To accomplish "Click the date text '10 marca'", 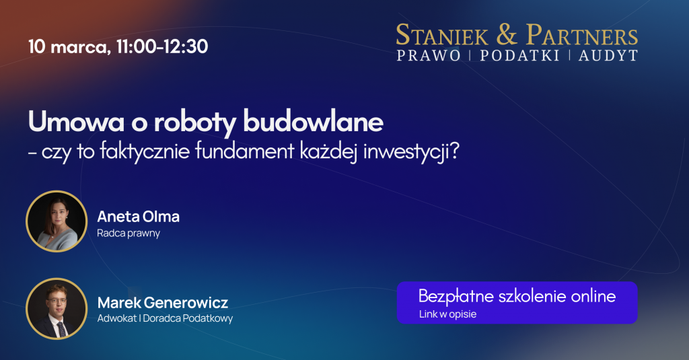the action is (x=69, y=46).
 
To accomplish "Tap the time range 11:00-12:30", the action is (x=162, y=46).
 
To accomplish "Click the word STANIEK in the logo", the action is (x=442, y=35).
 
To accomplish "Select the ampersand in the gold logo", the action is (x=507, y=35).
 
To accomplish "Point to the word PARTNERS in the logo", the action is (x=582, y=35).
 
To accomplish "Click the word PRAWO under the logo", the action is (x=429, y=56).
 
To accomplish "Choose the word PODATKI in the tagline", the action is (x=520, y=56).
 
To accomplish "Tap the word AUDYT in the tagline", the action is (x=608, y=56).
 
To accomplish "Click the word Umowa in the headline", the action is (x=77, y=122).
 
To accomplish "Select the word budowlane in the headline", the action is (x=314, y=122).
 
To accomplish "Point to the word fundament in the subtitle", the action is (x=244, y=151).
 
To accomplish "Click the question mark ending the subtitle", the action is (x=454, y=151).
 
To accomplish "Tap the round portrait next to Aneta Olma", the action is (x=57, y=221).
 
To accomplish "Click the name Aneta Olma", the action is (x=139, y=217).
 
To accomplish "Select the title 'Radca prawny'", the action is (x=129, y=233).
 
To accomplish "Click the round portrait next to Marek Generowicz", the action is (x=57, y=309).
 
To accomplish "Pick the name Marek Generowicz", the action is (x=163, y=303).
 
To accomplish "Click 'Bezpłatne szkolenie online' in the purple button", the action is (x=517, y=296).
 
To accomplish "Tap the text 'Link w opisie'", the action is (x=447, y=314).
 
